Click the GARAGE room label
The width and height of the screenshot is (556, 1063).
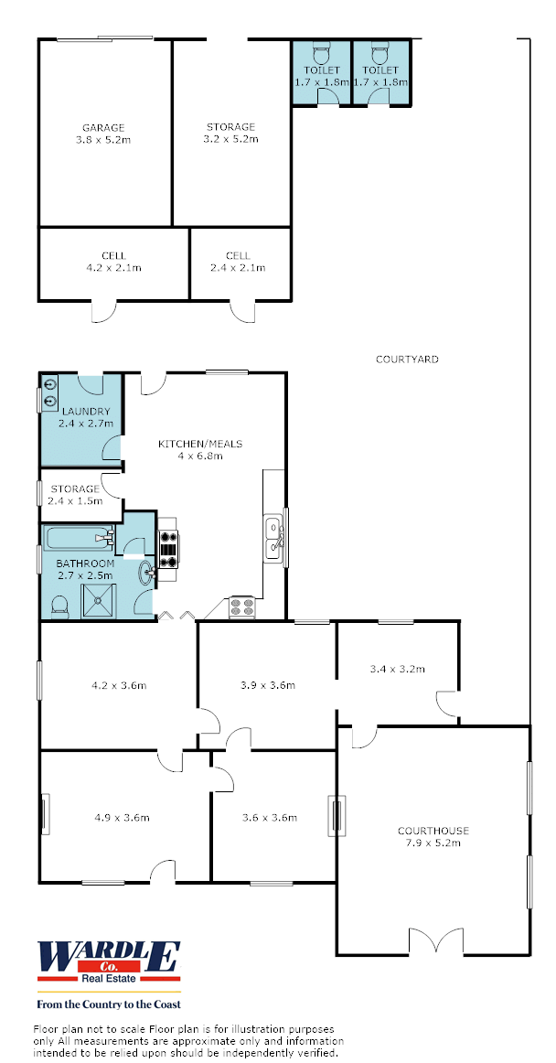click(x=103, y=127)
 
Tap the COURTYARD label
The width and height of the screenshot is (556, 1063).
click(x=407, y=360)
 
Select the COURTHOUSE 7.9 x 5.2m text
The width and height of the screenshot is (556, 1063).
click(x=433, y=836)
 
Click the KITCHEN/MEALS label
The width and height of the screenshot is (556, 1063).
click(x=200, y=444)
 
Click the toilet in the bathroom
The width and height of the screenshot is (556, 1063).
click(x=59, y=606)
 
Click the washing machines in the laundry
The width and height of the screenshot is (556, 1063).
click(x=49, y=393)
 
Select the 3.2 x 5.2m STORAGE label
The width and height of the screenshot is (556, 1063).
click(x=231, y=133)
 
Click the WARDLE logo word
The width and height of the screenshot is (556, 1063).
click(x=109, y=957)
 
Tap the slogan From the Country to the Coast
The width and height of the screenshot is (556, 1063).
click(x=109, y=1004)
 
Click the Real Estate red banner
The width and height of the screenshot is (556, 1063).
click(x=109, y=979)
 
